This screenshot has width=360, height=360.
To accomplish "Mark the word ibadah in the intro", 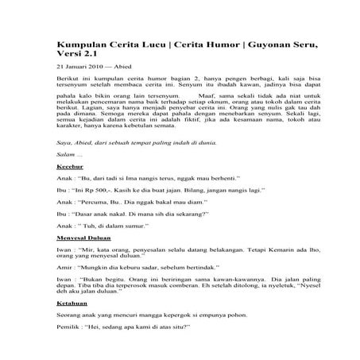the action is pyautogui.click(x=249, y=92).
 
